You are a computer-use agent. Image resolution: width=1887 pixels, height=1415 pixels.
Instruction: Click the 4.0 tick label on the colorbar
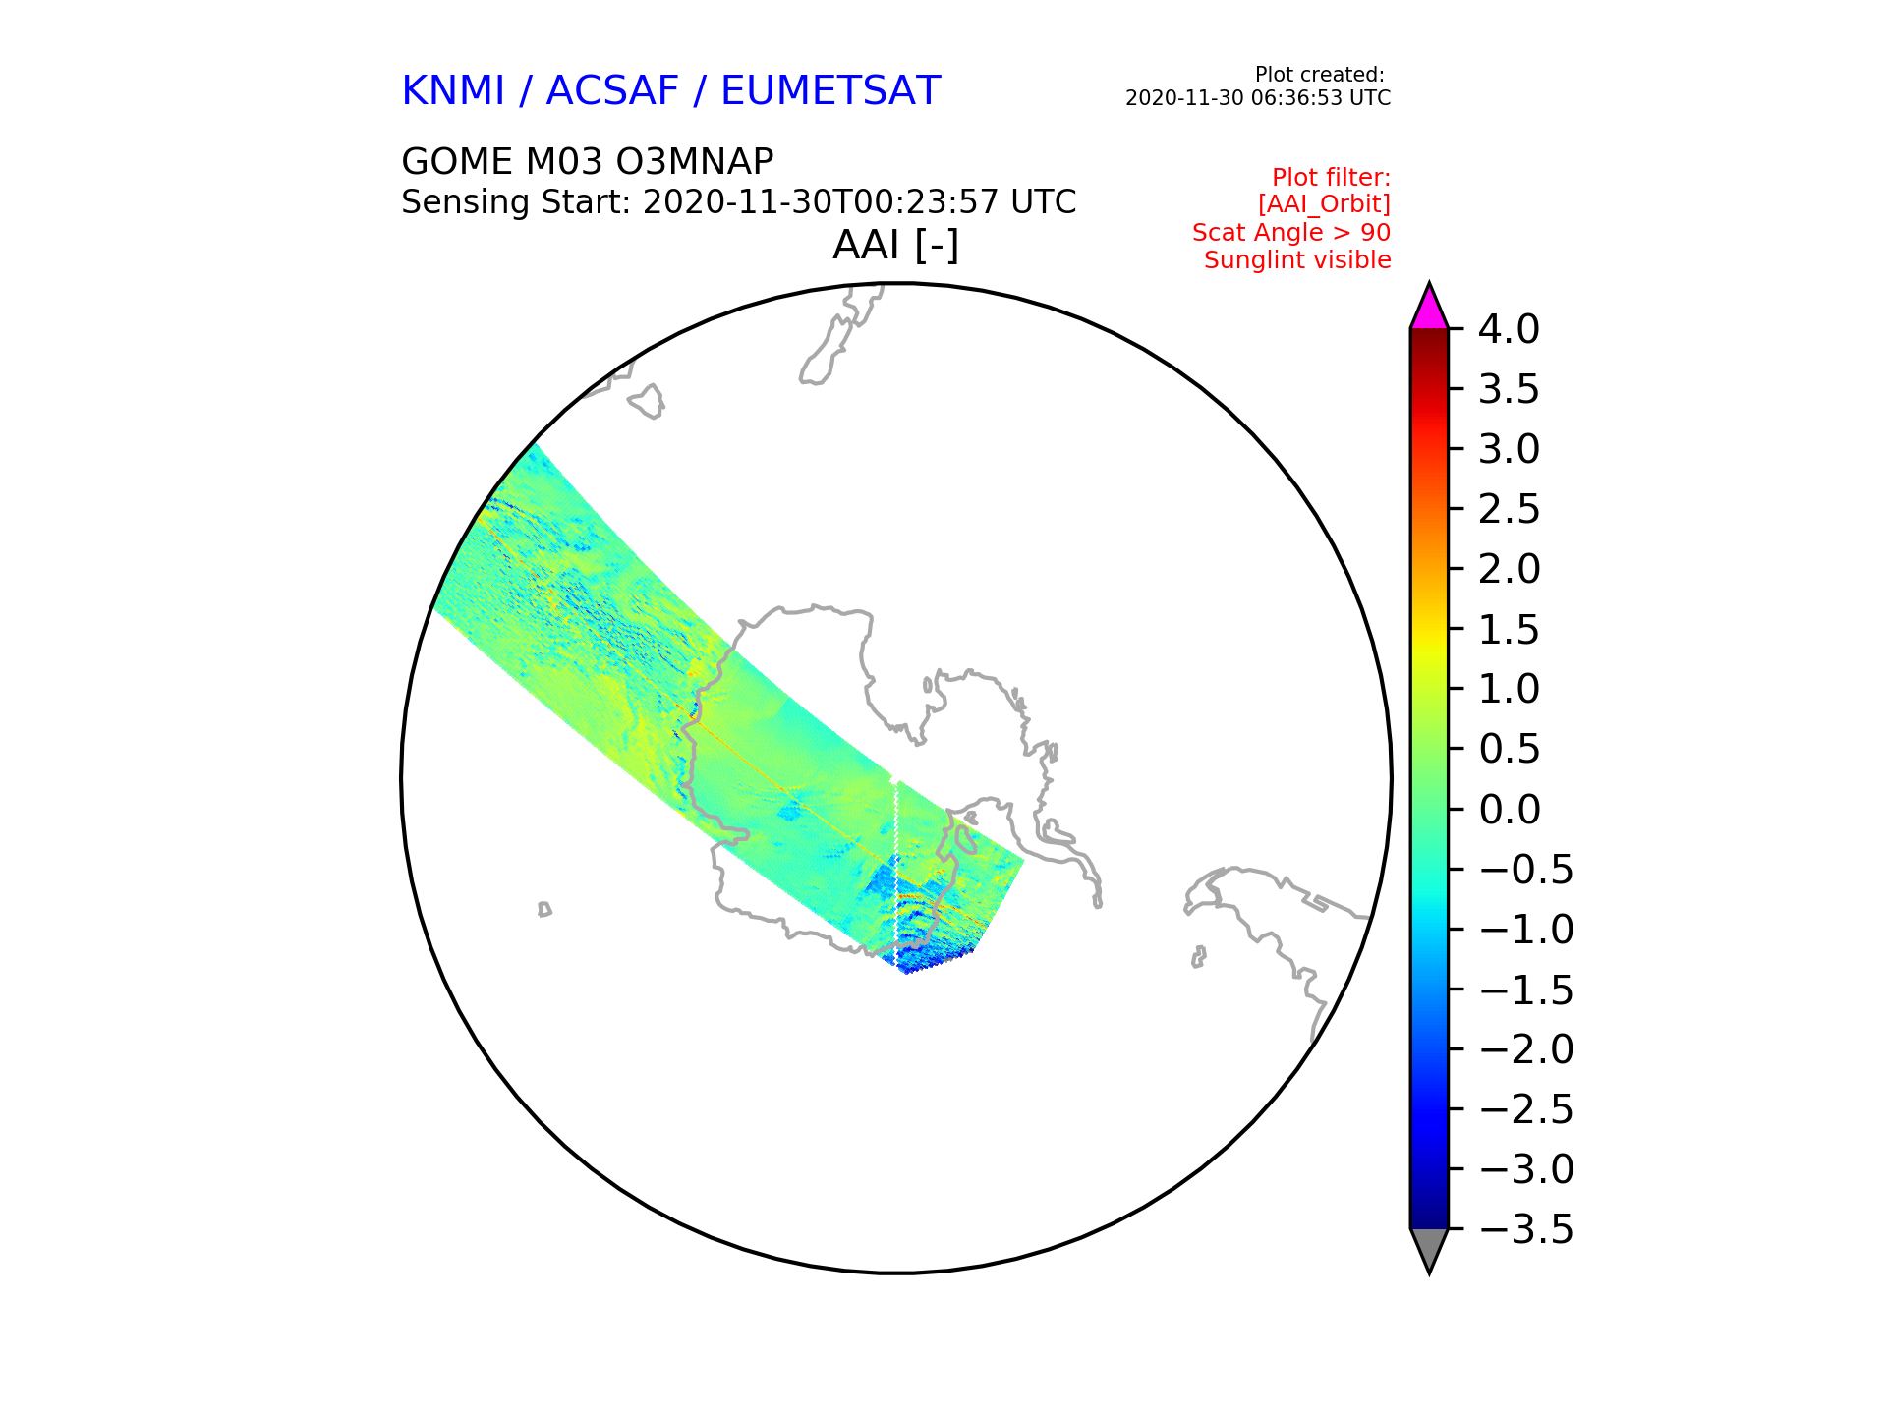(x=1509, y=329)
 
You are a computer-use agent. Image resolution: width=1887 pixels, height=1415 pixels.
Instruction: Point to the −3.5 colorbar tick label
(x=1526, y=1229)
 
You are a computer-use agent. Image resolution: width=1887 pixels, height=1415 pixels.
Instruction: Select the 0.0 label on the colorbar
(x=1509, y=810)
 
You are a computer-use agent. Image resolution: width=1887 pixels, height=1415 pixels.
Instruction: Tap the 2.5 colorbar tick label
(x=1509, y=509)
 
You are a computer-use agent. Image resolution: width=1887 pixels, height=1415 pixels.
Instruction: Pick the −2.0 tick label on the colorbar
(x=1526, y=1049)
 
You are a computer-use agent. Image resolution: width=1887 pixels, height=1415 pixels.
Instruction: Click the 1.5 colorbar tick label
(x=1509, y=630)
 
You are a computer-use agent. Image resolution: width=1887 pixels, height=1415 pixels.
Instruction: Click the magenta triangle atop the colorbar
(x=1429, y=309)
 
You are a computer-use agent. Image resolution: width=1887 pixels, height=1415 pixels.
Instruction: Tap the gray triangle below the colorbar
(x=1429, y=1249)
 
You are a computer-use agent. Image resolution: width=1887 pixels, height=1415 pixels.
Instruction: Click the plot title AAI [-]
(x=895, y=245)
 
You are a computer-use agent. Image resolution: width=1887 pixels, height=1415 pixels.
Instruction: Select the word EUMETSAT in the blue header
(x=830, y=90)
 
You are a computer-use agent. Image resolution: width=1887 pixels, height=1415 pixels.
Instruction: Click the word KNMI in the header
(x=453, y=90)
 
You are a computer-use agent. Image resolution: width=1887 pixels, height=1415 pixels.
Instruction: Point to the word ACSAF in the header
(x=612, y=90)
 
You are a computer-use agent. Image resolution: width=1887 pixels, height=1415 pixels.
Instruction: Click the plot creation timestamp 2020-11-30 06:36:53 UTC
(x=1258, y=98)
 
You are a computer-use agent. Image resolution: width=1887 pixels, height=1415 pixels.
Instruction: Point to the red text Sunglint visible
(x=1297, y=260)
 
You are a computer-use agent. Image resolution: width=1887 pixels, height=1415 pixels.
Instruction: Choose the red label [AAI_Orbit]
(x=1324, y=204)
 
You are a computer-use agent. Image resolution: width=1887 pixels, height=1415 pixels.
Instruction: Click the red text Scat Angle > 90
(x=1291, y=233)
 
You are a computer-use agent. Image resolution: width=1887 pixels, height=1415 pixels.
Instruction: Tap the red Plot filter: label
(x=1332, y=178)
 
